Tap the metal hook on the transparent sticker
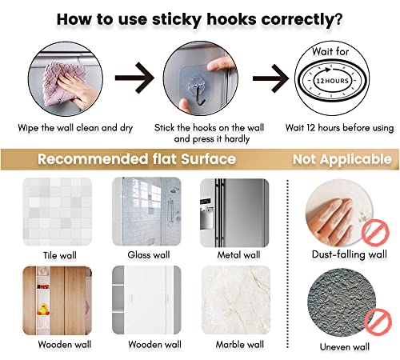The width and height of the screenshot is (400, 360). tap(198, 94)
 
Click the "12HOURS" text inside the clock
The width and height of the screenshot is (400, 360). tap(332, 81)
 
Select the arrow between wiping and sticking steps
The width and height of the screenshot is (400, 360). tap(134, 78)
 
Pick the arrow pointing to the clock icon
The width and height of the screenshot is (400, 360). tap(270, 78)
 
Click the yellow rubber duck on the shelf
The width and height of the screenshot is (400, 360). tap(43, 310)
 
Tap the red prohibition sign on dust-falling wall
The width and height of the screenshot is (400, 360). tap(375, 233)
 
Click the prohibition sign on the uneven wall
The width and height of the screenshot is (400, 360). tap(378, 322)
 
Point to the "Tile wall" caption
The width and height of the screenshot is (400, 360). tap(60, 255)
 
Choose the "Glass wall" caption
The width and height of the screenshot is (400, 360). tap(149, 255)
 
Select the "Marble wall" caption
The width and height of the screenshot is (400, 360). tap(240, 345)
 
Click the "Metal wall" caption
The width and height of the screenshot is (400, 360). tap(238, 255)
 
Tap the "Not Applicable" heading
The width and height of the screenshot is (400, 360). tap(342, 159)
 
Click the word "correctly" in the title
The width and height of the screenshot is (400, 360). tap(298, 20)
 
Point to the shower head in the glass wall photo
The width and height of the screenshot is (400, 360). tap(174, 190)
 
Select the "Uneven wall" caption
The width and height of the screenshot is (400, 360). tap(345, 346)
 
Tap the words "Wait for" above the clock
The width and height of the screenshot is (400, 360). tap(330, 51)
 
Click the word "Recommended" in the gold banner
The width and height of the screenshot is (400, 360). tap(93, 159)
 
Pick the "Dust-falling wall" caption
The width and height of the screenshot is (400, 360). tap(350, 254)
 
